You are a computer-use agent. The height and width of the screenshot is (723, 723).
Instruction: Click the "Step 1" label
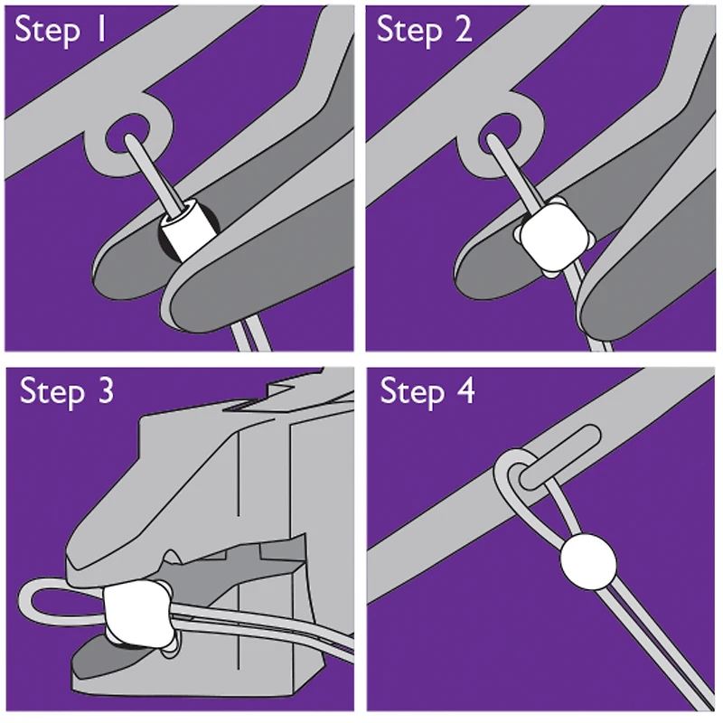(x=62, y=32)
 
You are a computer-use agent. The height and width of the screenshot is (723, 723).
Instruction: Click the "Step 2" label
(x=424, y=32)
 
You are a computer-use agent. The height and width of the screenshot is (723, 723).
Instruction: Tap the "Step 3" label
(x=67, y=393)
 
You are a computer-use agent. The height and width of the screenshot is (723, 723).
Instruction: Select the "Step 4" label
(x=427, y=393)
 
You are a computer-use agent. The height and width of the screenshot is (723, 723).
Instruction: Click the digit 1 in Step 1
(x=103, y=32)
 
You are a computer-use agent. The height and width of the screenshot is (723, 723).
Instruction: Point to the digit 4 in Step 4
(x=465, y=393)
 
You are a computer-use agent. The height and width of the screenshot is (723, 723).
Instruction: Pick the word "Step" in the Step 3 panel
(x=51, y=393)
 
